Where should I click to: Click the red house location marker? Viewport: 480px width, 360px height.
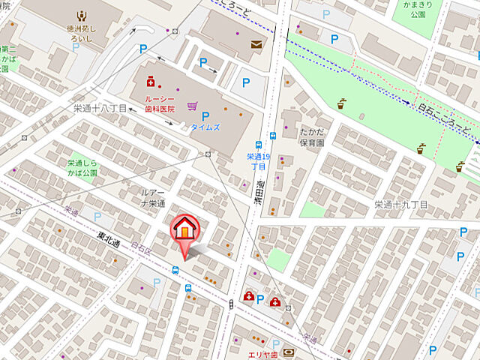pyautogui.click(x=184, y=229)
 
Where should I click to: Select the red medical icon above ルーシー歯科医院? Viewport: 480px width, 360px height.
pyautogui.click(x=151, y=79)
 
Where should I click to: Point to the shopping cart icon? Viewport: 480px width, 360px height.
pyautogui.click(x=193, y=106)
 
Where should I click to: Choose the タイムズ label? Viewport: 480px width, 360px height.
pyautogui.click(x=205, y=127)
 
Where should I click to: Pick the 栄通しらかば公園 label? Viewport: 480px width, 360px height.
pyautogui.click(x=82, y=167)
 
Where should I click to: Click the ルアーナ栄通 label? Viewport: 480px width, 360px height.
pyautogui.click(x=153, y=198)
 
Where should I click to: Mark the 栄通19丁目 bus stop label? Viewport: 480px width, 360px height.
pyautogui.click(x=258, y=161)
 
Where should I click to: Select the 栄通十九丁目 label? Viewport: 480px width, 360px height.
pyautogui.click(x=401, y=204)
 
